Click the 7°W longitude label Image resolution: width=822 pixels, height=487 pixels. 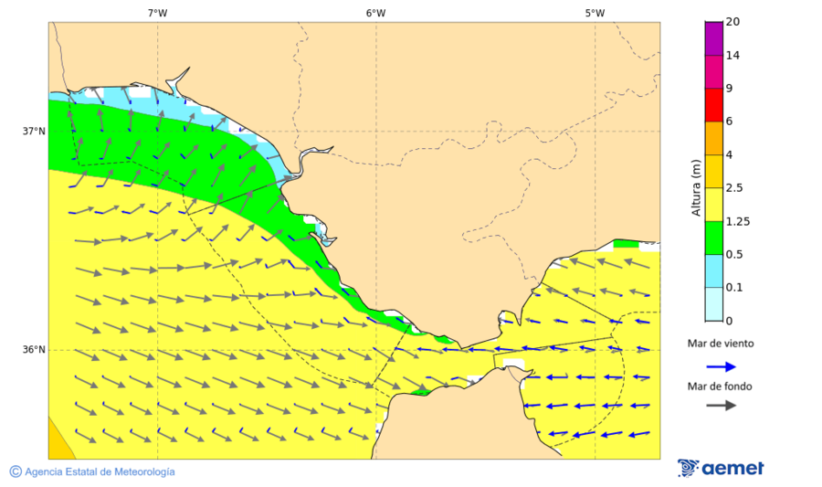click(157, 13)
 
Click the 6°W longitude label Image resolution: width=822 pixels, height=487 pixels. click(375, 13)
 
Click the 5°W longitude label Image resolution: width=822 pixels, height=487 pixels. click(595, 13)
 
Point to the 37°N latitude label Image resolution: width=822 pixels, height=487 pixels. click(34, 131)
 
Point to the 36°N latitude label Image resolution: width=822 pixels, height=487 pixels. click(34, 350)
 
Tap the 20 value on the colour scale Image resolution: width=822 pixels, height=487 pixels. click(732, 22)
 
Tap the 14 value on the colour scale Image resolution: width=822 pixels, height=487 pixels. click(732, 56)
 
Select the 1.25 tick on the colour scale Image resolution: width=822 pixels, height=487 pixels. click(737, 221)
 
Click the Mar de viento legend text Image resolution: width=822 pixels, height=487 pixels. click(721, 344)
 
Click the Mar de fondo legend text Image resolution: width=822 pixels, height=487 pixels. click(721, 386)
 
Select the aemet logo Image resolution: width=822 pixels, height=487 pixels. click(721, 468)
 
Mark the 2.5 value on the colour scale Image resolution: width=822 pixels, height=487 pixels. click(733, 188)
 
